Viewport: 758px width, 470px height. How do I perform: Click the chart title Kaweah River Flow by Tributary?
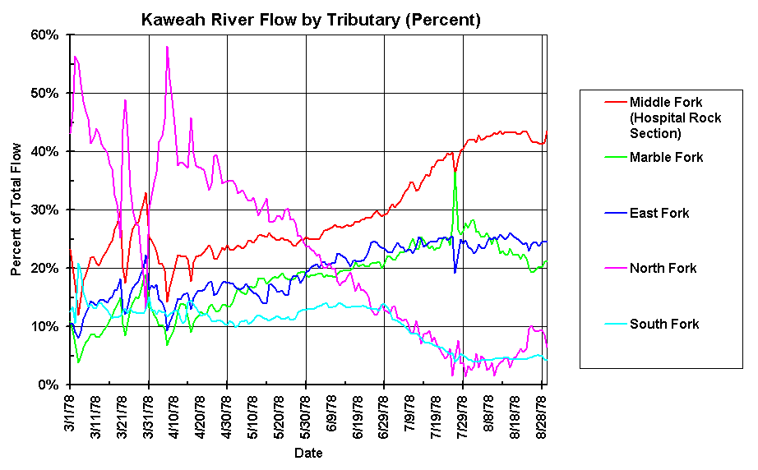pyautogui.click(x=311, y=18)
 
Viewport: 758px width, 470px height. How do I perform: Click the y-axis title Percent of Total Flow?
pyautogui.click(x=16, y=210)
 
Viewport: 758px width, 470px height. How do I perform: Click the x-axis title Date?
pyautogui.click(x=309, y=453)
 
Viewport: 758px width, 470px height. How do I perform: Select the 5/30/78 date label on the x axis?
pyautogui.click(x=307, y=417)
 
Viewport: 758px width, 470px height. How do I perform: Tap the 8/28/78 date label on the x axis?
pyautogui.click(x=542, y=417)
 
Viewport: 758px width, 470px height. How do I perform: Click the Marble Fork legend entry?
pyautogui.click(x=666, y=158)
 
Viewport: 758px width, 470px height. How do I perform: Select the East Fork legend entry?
pyautogui.click(x=659, y=214)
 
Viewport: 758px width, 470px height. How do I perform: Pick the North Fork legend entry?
pyautogui.click(x=663, y=268)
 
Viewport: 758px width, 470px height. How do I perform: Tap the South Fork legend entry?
pyautogui.click(x=663, y=324)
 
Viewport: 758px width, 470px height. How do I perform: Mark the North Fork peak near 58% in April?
pyautogui.click(x=167, y=47)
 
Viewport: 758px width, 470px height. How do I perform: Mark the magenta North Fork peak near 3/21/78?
pyautogui.click(x=125, y=100)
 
